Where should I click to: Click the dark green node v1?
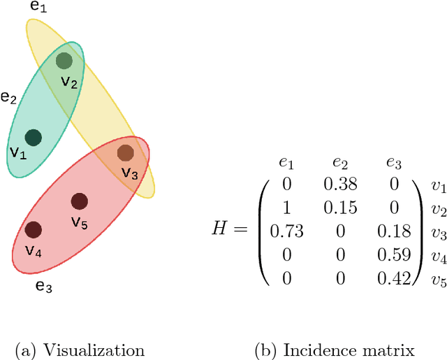pos(32,138)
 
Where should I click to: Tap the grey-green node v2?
pos(64,61)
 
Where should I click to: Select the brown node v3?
pos(125,152)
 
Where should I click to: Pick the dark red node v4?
pos(32,229)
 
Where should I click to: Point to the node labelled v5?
pos(80,202)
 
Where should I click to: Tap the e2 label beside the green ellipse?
pos(8,97)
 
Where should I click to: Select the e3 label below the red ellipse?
pos(44,266)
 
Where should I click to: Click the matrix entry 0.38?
pos(341,185)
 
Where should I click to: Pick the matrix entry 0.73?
pos(286,231)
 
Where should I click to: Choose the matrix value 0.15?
pos(341,208)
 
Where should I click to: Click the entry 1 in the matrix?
pos(286,208)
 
